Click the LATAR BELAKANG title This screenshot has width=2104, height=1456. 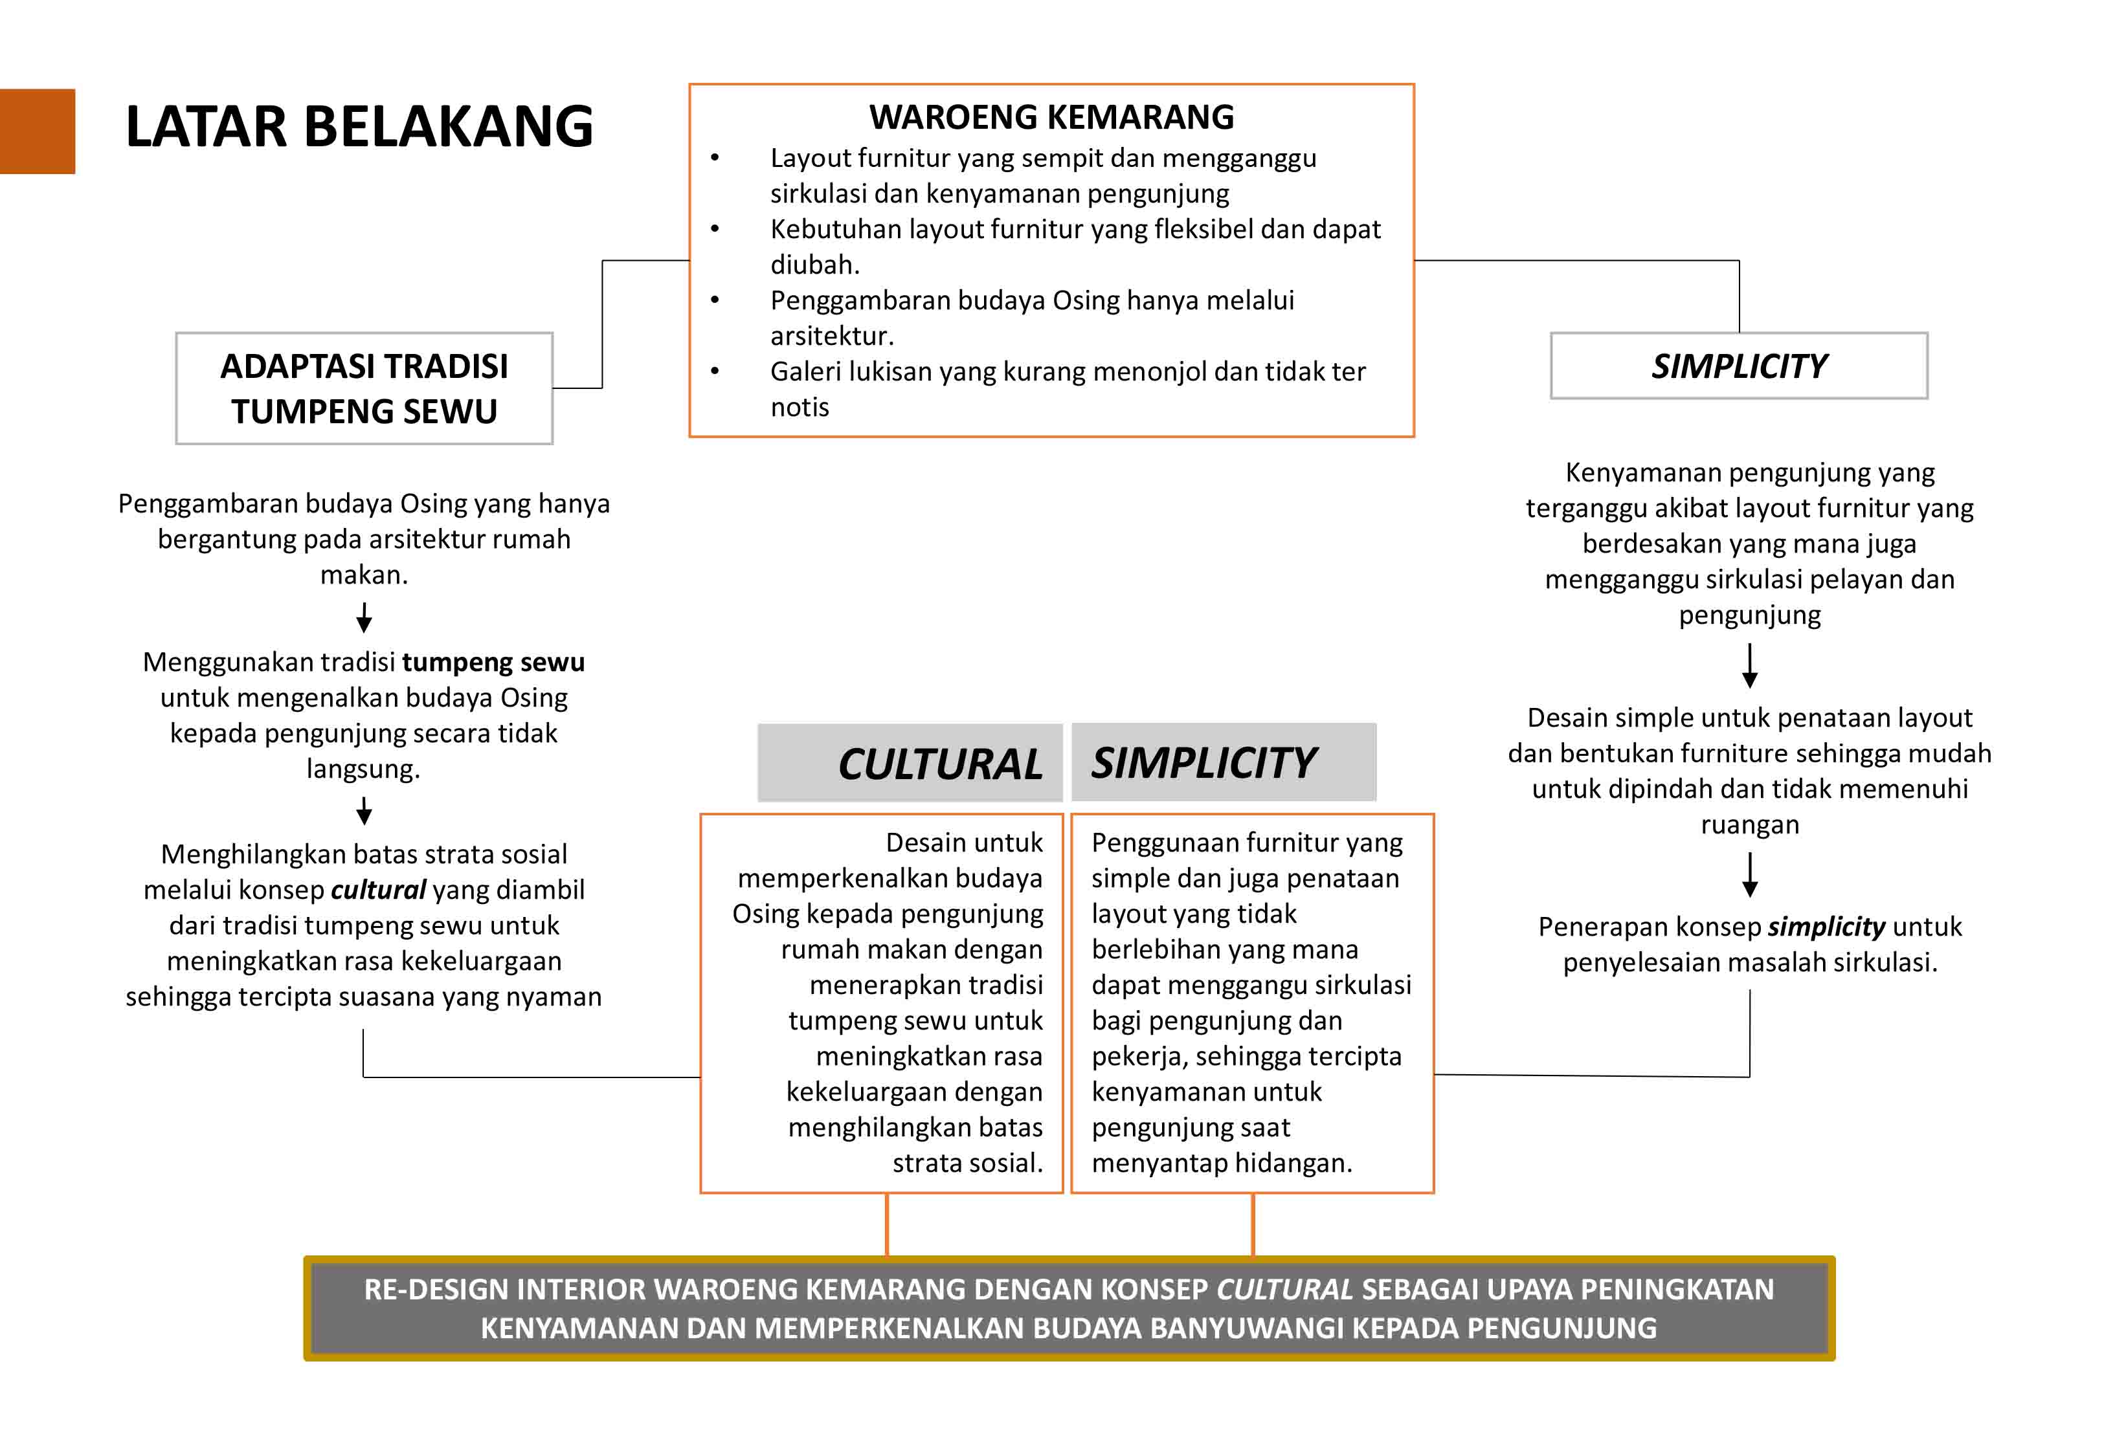pos(359,126)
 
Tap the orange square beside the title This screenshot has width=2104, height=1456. pos(38,131)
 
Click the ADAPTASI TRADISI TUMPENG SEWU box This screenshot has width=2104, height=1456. pos(364,389)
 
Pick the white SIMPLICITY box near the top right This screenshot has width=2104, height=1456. pos(1738,366)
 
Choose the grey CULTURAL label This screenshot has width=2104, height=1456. pos(940,764)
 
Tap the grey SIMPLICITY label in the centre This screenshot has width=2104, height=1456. pos(1204,763)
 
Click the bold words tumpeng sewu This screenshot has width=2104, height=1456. pos(493,661)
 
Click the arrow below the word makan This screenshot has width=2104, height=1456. pos(364,617)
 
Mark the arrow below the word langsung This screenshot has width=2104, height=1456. pos(364,811)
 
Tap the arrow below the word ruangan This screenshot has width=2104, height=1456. pos(1749,875)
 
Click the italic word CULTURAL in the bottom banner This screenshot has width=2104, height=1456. pos(1284,1289)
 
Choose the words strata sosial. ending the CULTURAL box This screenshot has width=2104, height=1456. pos(967,1163)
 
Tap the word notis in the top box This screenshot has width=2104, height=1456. pos(800,407)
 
